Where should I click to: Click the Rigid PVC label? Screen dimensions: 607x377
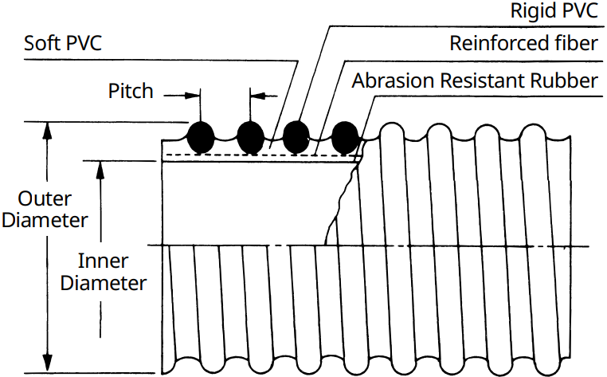554,10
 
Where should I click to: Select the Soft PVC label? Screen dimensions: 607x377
63,43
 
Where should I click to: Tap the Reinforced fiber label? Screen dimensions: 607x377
524,43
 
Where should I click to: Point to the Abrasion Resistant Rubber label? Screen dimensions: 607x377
475,81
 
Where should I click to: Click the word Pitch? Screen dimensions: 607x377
131,91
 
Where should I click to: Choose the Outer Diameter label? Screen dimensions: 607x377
45,210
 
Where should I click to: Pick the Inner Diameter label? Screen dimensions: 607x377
104,272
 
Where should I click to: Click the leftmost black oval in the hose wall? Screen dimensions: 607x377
201,138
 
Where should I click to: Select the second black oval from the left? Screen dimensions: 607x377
250,138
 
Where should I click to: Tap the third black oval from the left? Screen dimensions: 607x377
296,137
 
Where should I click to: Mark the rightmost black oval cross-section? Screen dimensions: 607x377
345,138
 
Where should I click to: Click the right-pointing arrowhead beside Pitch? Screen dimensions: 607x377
193,96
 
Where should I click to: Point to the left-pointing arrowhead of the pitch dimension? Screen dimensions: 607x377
258,96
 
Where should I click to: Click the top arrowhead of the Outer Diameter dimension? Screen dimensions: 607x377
47,130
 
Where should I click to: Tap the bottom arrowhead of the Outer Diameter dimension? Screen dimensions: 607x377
47,363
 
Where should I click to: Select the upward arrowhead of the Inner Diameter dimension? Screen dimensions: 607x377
100,169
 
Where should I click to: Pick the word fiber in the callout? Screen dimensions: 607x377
571,43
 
